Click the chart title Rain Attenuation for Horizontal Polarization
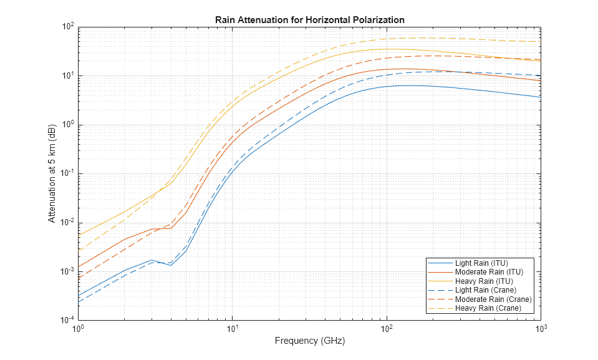(x=310, y=20)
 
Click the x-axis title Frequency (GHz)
(x=309, y=341)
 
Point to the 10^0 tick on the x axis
(x=78, y=329)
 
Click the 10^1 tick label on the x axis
(x=232, y=329)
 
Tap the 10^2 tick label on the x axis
(x=386, y=329)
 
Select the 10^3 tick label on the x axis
(x=540, y=329)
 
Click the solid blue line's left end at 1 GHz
(x=78, y=296)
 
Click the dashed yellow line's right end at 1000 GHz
(x=541, y=42)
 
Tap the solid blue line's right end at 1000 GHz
(x=541, y=97)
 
